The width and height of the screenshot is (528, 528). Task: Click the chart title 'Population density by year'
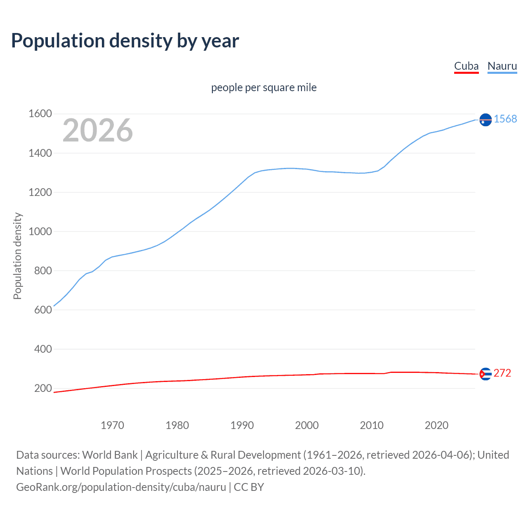125,41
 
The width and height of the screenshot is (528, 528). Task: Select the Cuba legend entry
466,66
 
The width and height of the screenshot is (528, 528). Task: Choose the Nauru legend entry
502,66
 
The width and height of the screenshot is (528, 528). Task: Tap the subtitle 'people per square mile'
264,87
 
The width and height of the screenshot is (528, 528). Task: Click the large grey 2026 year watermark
98,130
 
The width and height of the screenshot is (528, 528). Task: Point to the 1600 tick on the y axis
40,114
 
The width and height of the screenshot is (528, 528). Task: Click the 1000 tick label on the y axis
40,231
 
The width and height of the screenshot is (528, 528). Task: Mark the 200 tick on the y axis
43,388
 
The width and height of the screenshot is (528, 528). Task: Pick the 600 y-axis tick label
43,310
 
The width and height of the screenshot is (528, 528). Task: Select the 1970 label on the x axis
112,425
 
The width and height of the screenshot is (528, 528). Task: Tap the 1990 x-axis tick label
242,425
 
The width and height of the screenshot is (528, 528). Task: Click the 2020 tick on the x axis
436,425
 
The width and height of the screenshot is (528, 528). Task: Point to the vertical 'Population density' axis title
17,256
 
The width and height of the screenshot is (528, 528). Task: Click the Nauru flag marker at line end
486,120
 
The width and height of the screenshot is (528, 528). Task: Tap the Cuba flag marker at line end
486,374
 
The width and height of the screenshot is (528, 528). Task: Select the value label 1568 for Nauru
505,119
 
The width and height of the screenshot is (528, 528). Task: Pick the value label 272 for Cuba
502,373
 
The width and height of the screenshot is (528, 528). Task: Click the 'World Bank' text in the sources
110,455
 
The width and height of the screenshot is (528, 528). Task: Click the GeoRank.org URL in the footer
121,487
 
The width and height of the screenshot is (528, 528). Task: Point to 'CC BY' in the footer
249,487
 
